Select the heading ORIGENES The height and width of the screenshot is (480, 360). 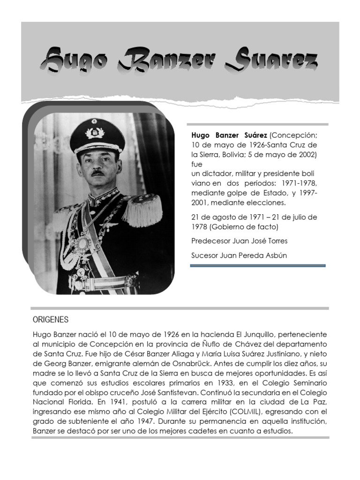coord(51,320)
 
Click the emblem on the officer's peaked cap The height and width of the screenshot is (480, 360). coord(95,133)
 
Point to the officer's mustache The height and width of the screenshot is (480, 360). coord(97,172)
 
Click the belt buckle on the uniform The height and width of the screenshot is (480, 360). coord(75,282)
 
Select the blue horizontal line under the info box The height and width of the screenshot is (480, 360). coord(257,265)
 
